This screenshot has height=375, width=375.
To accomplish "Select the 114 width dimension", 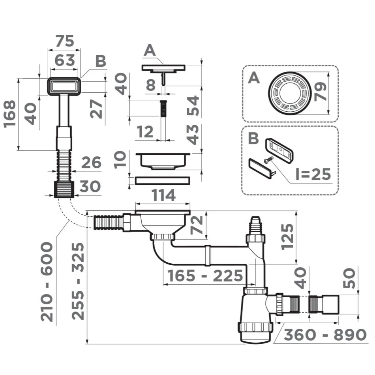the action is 163,195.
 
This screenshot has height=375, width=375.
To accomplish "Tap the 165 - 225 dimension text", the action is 205,276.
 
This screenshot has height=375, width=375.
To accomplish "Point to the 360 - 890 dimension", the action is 325,335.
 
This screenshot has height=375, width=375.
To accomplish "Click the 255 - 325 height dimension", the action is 78,281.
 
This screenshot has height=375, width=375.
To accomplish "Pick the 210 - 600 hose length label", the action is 47,282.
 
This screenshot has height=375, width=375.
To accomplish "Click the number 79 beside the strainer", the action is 320,92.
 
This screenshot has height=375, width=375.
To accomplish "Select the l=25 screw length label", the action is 313,174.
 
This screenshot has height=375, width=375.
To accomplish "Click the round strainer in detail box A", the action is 290,93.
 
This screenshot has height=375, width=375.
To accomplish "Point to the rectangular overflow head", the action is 64,86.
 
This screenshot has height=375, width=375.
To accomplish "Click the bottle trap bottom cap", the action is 255,333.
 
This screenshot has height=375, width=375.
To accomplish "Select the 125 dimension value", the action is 287,237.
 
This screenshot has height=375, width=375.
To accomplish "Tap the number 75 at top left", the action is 65,41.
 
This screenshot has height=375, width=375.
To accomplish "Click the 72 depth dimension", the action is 196,225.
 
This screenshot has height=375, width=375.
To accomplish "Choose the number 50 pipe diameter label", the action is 349,278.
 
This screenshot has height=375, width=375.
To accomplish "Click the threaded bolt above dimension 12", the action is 163,109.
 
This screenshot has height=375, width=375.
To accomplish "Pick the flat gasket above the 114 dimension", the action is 163,181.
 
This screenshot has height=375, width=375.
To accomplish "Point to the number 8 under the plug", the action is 151,85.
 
